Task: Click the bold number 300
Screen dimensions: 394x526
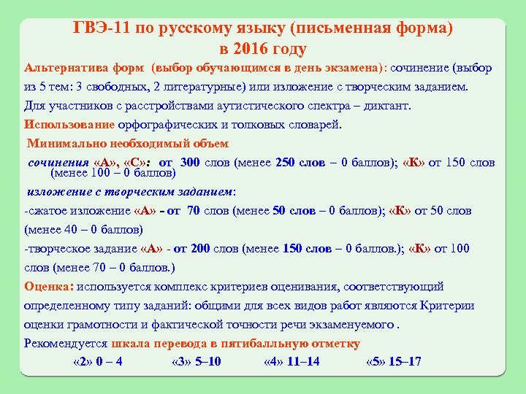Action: [x=189, y=162]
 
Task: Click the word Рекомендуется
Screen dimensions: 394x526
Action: [x=65, y=343]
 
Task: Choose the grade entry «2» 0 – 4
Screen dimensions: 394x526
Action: [x=98, y=363]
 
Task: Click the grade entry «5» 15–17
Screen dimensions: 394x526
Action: [x=393, y=363]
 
